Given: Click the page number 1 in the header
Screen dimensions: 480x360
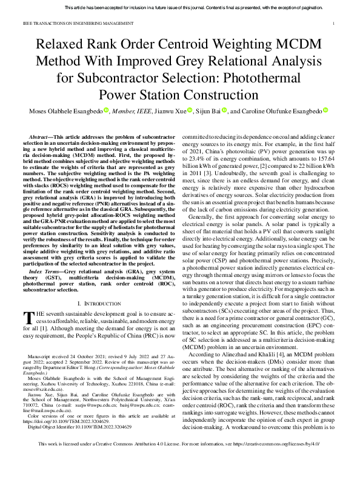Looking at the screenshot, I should tap(335, 24).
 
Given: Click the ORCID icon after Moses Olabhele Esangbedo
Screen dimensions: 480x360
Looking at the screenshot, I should tap(105, 110).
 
